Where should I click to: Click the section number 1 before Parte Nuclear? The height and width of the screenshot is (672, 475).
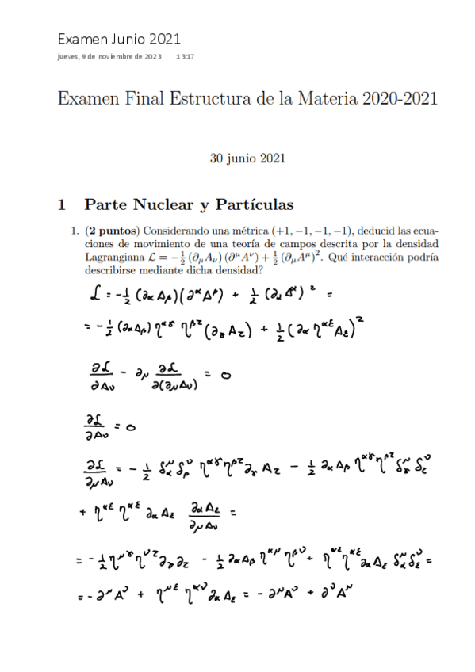click(61, 205)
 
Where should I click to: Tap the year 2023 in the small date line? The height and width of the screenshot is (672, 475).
click(151, 57)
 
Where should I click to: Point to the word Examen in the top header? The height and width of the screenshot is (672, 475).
click(81, 38)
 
